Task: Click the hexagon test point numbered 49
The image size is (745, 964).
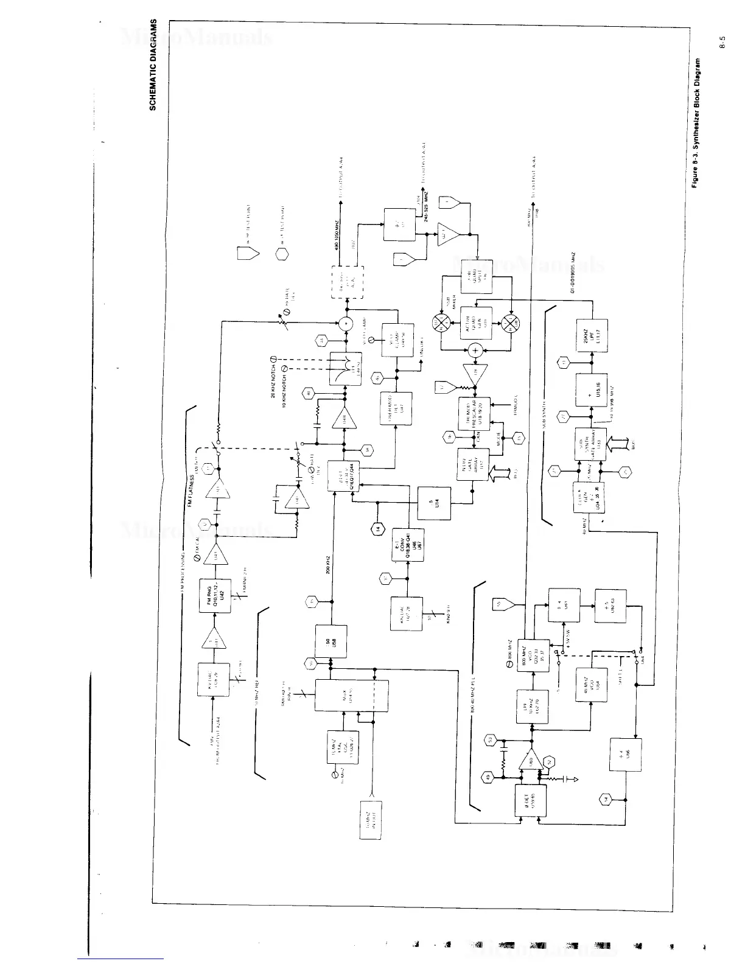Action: pyautogui.click(x=485, y=776)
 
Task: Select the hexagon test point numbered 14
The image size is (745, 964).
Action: pyautogui.click(x=378, y=528)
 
